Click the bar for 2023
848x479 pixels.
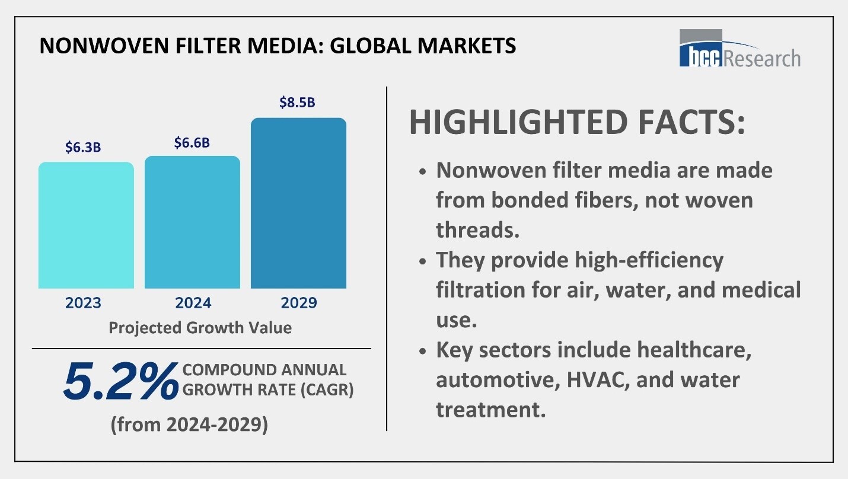coord(86,225)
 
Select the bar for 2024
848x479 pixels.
coord(192,222)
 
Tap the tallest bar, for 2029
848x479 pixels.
coord(298,203)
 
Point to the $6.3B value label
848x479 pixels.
coord(83,148)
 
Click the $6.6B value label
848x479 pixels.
coord(192,143)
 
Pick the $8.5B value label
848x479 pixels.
coord(297,103)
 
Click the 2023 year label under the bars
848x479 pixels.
coord(83,303)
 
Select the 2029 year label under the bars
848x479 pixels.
coord(299,303)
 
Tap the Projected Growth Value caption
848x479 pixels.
coord(200,328)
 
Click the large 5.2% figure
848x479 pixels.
coord(120,381)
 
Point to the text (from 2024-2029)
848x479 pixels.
coord(189,424)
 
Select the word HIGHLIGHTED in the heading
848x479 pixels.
coord(517,122)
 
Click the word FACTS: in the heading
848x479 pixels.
coord(687,122)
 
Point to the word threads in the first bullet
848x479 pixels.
coord(477,230)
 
